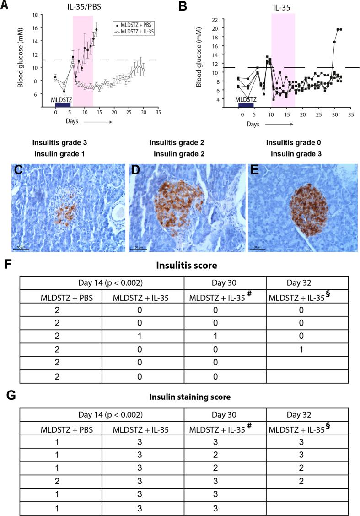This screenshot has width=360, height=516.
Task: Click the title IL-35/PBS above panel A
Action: [81, 6]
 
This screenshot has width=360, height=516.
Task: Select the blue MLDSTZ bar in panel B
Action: [246, 105]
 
